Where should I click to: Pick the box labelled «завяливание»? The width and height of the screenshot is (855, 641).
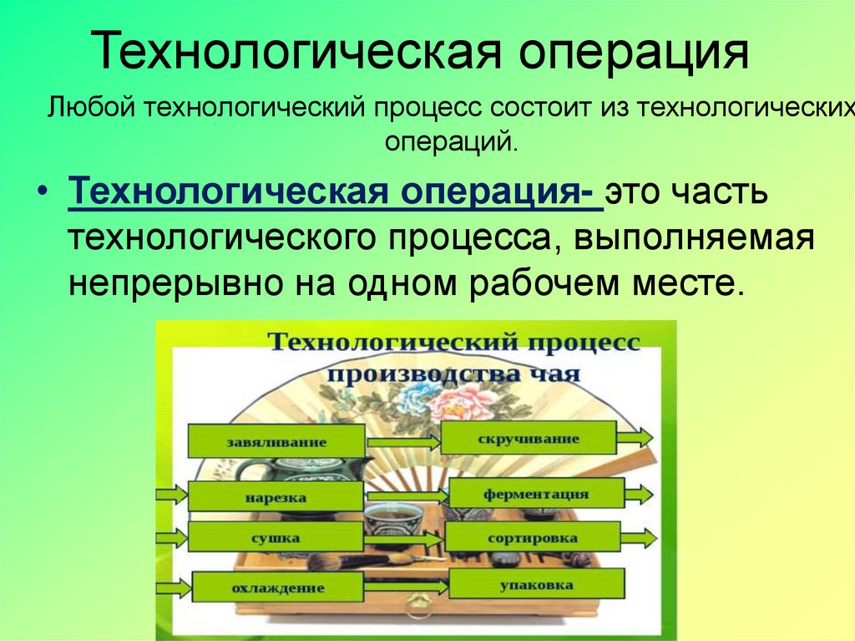click(x=276, y=440)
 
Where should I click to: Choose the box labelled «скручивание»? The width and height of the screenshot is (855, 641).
click(x=529, y=438)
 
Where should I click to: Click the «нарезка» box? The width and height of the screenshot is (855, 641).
click(x=276, y=496)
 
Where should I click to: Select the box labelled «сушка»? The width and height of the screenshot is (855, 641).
click(x=276, y=537)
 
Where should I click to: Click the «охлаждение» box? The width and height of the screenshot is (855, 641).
click(x=276, y=587)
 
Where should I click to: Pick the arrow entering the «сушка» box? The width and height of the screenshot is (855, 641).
click(x=175, y=536)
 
